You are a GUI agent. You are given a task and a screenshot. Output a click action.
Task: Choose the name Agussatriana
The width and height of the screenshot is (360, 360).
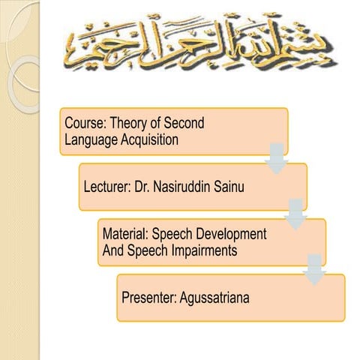[215, 298]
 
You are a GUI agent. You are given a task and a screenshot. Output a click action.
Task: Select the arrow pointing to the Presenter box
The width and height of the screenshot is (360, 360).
[316, 268]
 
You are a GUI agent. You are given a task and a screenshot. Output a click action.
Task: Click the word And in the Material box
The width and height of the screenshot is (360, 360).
[113, 250]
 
